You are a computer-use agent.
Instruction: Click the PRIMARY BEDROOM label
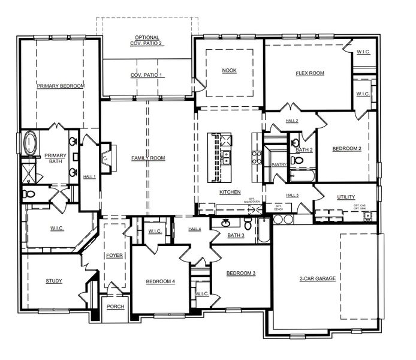[60, 86]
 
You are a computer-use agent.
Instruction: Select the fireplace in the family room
[105, 158]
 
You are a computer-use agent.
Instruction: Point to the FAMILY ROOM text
[148, 158]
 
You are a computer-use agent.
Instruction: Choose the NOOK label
[229, 71]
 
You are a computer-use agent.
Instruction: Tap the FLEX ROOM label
[309, 73]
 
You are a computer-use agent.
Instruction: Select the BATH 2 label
[304, 150]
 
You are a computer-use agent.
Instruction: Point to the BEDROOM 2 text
[346, 148]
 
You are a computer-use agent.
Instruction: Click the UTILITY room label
[346, 197]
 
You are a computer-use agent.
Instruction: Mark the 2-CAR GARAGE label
[317, 278]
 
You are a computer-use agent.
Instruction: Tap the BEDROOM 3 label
[240, 273]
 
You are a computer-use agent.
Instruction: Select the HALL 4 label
[195, 229]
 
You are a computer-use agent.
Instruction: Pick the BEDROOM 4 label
[160, 281]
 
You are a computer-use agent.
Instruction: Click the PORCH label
[115, 307]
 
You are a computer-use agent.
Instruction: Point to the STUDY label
[54, 281]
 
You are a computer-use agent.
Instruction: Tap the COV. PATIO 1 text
[146, 75]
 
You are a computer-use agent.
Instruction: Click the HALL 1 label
[89, 176]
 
